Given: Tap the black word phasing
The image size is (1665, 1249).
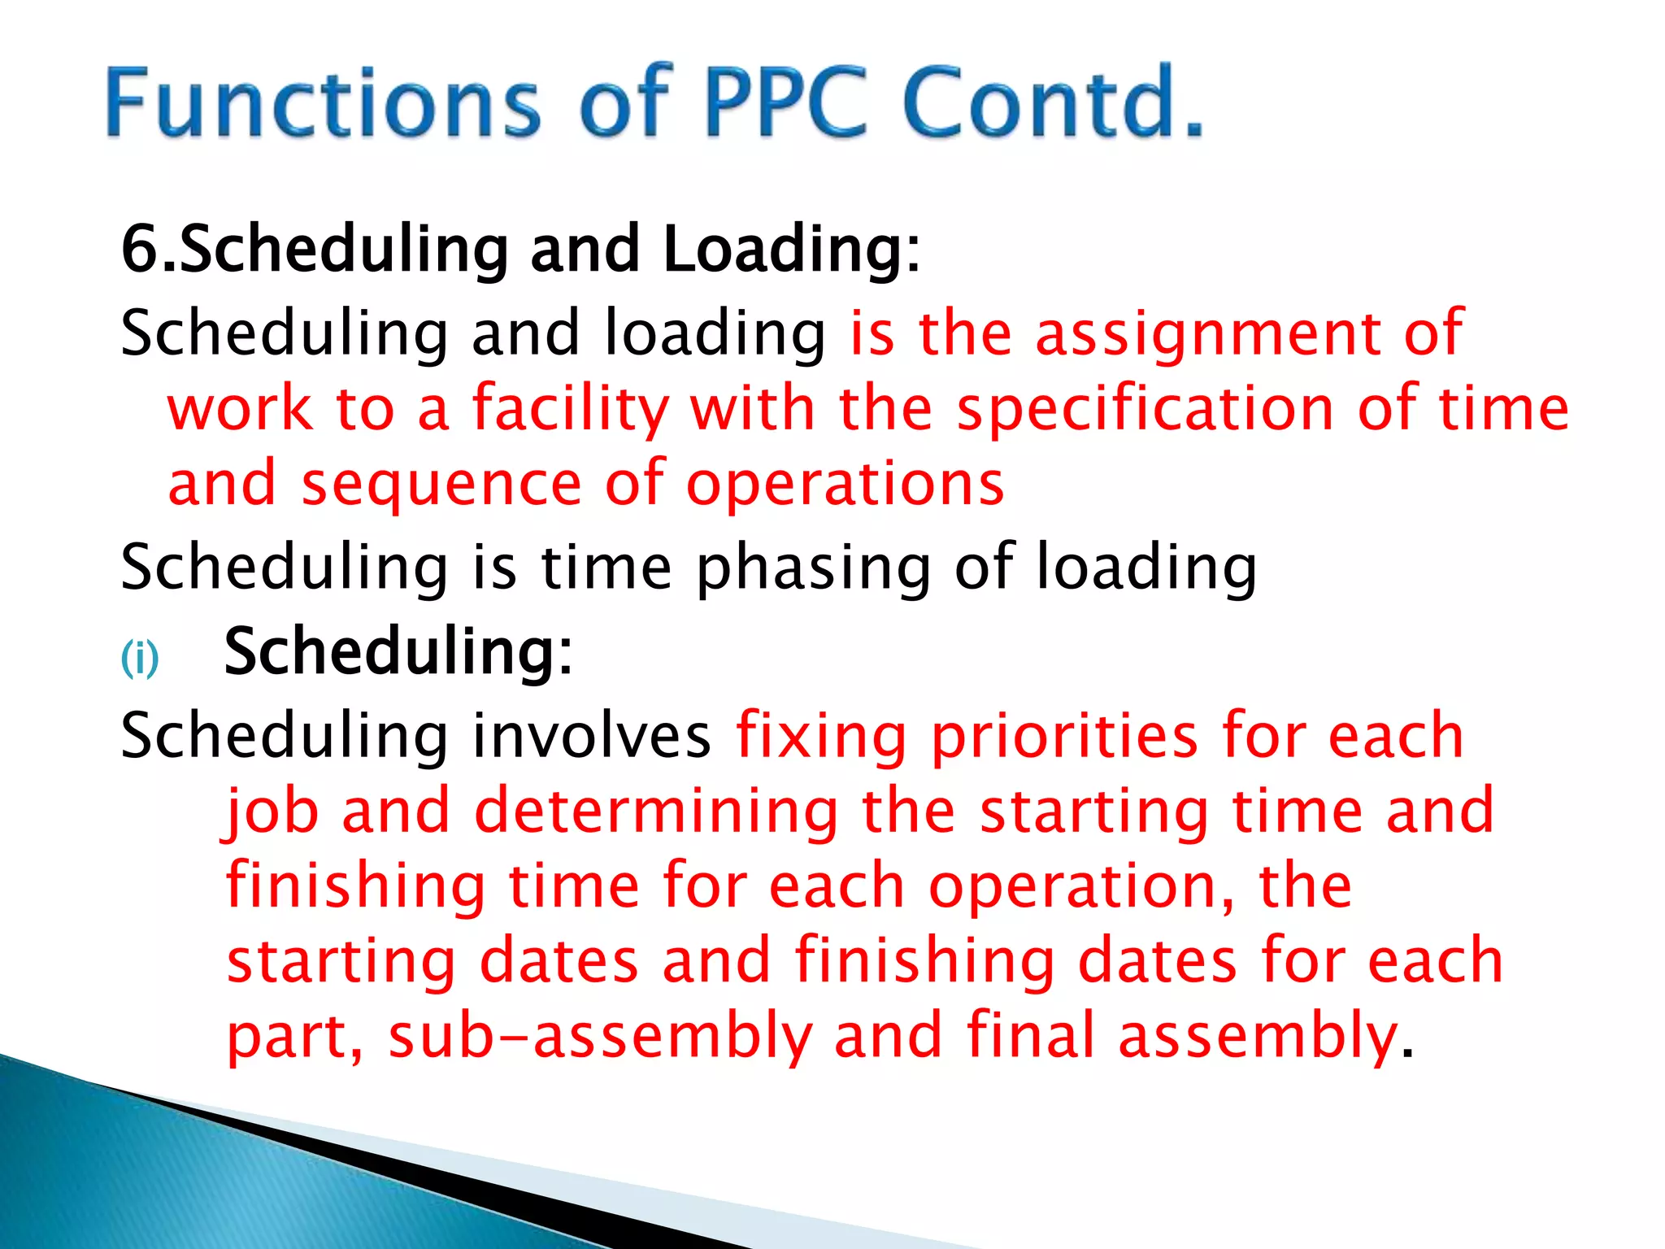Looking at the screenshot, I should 814,568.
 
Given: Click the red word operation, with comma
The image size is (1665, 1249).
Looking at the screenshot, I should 1081,886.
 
